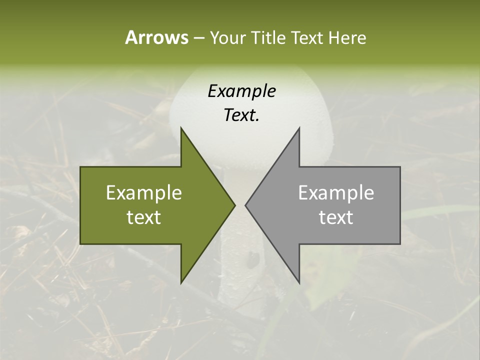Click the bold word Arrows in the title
(156, 37)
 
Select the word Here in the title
(347, 38)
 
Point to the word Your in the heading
(227, 38)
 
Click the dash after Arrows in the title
(198, 38)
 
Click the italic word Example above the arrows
(241, 91)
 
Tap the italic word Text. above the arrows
(241, 115)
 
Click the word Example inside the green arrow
(144, 193)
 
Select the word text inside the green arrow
(144, 217)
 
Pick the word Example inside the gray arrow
(336, 193)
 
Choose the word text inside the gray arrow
(336, 217)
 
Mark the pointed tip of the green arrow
(234, 205)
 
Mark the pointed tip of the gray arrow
(245, 205)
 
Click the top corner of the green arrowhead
(181, 128)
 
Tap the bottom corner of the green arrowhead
(181, 282)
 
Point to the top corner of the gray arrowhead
(299, 128)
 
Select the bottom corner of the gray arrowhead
(299, 282)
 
